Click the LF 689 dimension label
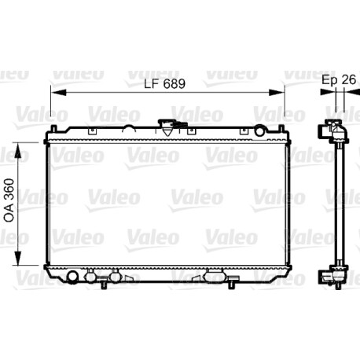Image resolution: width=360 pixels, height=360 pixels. pos(165,84)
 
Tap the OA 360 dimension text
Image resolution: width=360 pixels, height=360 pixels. pos(9,200)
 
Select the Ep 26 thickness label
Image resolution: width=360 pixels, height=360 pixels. pos(339,79)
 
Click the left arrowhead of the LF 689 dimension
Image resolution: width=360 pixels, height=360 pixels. pos(58,92)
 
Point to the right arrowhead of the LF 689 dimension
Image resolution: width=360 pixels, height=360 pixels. pos(277,92)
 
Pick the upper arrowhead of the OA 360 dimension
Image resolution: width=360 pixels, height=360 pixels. pos(18,150)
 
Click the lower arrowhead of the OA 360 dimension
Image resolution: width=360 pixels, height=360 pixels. pos(18,258)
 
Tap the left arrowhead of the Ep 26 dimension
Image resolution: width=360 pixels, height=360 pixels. pos(328,92)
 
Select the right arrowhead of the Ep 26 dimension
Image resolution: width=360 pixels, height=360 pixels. pos(352,92)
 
